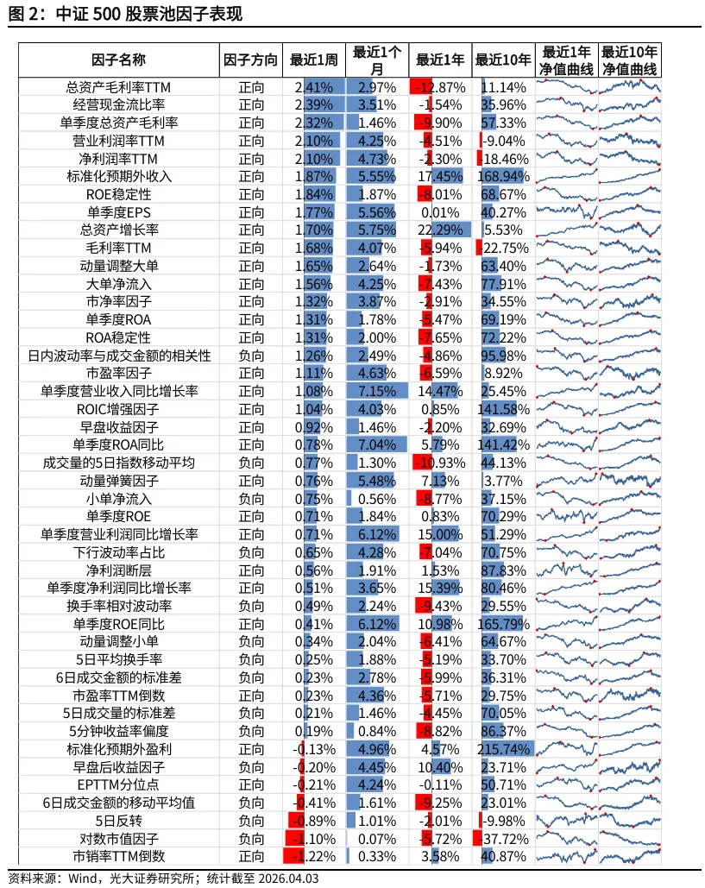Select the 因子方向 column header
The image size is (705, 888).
250,60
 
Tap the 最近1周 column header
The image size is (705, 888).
313,60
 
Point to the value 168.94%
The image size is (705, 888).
504,176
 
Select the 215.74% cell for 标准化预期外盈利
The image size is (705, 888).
504,748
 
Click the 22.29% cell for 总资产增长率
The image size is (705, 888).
440,230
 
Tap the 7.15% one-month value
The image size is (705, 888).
377,391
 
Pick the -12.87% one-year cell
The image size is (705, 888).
440,87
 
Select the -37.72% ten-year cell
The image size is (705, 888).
504,838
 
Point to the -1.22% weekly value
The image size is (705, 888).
313,856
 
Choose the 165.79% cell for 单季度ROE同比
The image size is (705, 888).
504,623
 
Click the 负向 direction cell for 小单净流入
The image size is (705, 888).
250,498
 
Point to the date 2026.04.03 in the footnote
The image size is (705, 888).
285,879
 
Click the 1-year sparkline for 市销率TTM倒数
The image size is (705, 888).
566,856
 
